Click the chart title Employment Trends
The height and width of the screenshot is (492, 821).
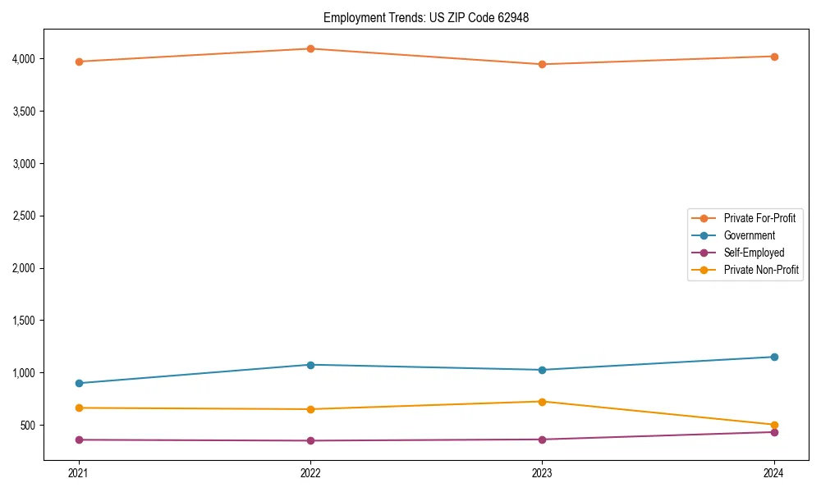[x=425, y=17]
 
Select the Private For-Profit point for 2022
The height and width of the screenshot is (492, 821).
[x=310, y=48]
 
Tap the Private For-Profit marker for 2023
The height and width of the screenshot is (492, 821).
[x=543, y=64]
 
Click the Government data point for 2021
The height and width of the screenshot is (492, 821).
[x=79, y=383]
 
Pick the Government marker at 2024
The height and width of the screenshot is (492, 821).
[x=774, y=357]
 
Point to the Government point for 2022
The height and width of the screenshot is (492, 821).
[x=310, y=365]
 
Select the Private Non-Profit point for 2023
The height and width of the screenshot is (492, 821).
[x=543, y=402]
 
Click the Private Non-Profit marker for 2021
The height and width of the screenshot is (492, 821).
[x=79, y=408]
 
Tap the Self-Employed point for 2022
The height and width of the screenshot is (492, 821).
[x=310, y=440]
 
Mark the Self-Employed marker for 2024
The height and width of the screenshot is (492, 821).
[x=774, y=432]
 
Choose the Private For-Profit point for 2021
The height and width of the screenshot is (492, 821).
[x=79, y=61]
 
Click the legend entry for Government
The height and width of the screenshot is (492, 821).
[x=749, y=235]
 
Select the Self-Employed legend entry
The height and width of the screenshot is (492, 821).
[x=754, y=253]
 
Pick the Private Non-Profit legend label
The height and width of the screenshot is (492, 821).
[x=761, y=270]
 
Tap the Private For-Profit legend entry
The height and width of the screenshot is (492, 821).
[x=759, y=218]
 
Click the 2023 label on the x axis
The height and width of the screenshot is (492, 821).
[x=543, y=472]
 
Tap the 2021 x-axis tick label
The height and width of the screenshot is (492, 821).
[x=79, y=472]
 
